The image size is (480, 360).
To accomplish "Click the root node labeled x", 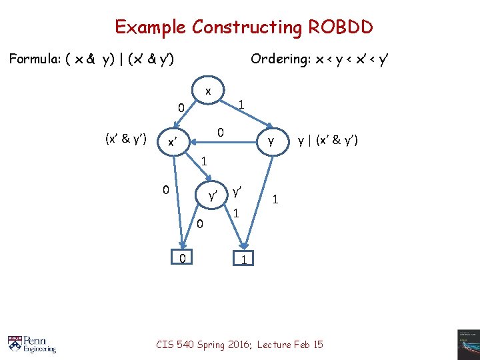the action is pyautogui.click(x=208, y=91).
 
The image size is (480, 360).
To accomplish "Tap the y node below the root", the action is pyautogui.click(x=270, y=141).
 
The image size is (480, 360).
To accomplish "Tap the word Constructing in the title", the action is pyautogui.click(x=247, y=27).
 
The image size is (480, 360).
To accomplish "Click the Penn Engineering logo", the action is pyautogui.click(x=32, y=344).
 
